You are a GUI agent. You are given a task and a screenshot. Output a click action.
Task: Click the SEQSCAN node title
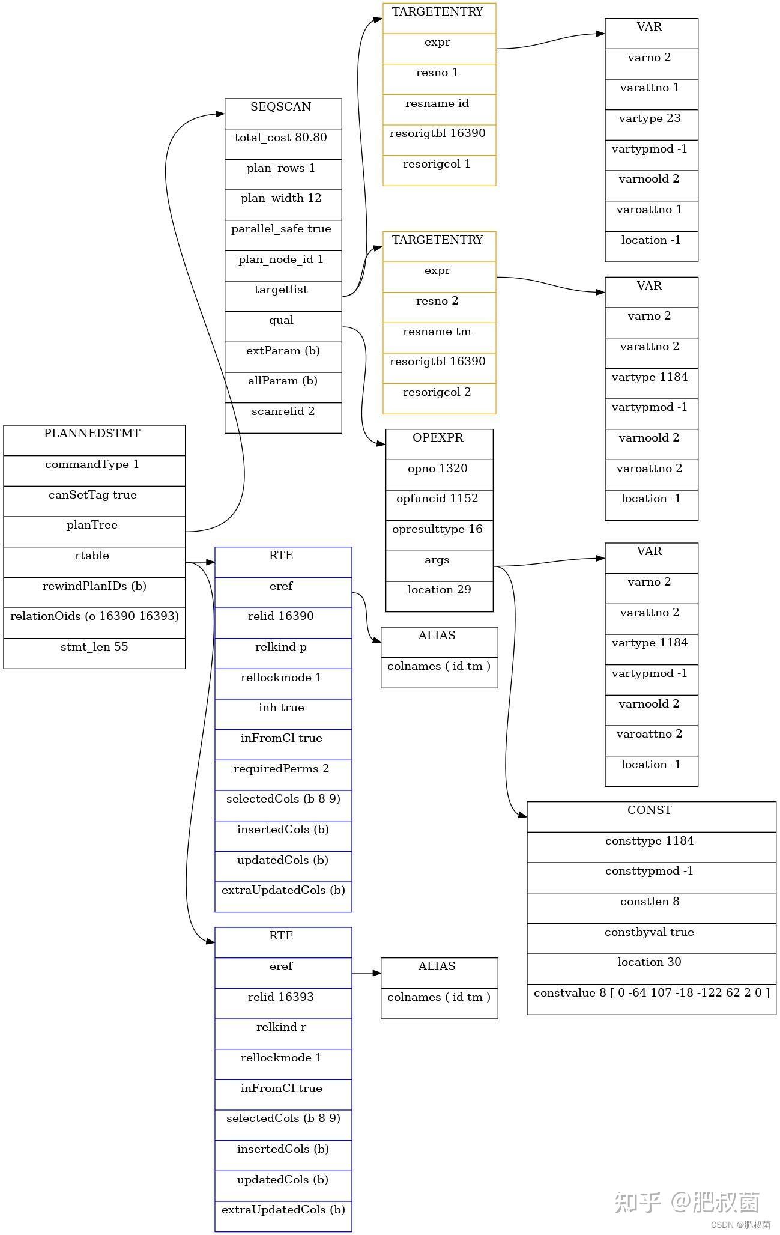point(281,108)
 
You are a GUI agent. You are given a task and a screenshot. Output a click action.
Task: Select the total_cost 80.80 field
point(281,138)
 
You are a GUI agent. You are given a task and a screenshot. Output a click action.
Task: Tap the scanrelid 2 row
point(283,412)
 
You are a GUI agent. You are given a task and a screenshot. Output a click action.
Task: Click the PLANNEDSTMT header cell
point(92,434)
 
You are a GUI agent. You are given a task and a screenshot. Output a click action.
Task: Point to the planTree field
point(92,526)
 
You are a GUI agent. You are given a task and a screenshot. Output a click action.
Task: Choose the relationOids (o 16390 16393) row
point(94,617)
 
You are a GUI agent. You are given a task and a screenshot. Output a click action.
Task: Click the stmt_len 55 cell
point(94,648)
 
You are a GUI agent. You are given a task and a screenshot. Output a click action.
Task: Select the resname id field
point(437,104)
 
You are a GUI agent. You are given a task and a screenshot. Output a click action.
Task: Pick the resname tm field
point(437,332)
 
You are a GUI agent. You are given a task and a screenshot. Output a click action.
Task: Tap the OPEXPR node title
point(438,438)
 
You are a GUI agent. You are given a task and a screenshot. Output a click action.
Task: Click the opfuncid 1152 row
point(438,499)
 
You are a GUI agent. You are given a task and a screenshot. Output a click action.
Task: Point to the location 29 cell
point(439,590)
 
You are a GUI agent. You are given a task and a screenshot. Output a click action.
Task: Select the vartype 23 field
point(650,119)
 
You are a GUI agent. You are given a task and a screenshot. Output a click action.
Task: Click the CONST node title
point(650,811)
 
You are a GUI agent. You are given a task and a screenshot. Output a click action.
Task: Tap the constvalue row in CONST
point(652,994)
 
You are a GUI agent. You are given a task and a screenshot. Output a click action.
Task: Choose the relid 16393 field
point(281,997)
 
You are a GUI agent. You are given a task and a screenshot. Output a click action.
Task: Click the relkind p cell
point(281,648)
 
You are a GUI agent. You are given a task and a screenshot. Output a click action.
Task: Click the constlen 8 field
point(650,902)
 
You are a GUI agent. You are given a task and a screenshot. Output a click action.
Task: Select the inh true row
point(281,708)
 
